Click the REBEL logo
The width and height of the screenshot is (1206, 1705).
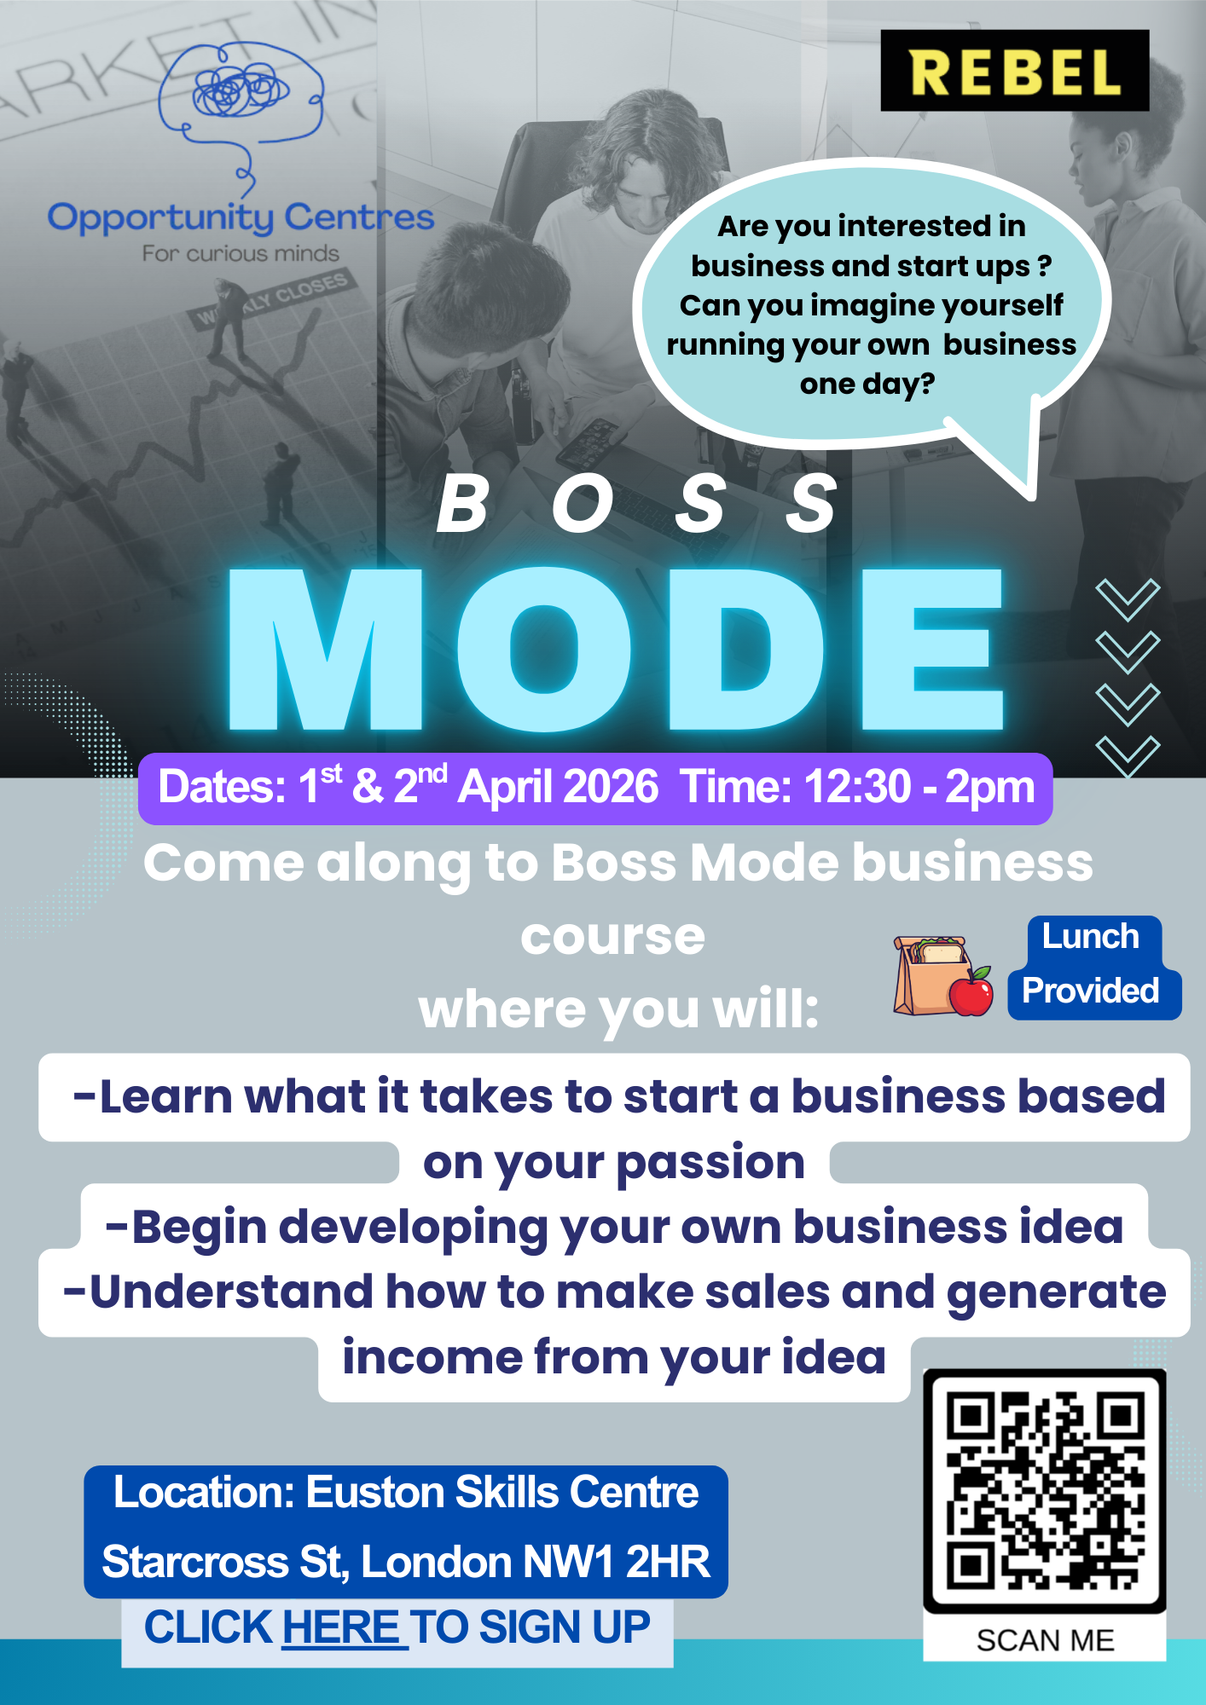[x=1014, y=71]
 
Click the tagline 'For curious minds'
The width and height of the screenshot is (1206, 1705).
[x=241, y=254]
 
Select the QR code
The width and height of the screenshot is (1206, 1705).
[x=1045, y=1491]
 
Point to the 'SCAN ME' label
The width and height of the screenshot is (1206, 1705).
[x=1045, y=1640]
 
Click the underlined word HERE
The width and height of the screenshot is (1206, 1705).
[x=340, y=1627]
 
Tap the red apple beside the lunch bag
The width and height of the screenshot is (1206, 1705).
[x=971, y=991]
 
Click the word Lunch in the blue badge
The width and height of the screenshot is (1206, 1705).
[x=1090, y=936]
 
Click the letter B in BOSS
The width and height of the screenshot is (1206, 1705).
[x=463, y=504]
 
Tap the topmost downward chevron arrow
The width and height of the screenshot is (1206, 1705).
[x=1128, y=599]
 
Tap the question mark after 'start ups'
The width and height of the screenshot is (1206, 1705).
[x=1045, y=265]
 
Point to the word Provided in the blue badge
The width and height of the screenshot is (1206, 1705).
[x=1090, y=991]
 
